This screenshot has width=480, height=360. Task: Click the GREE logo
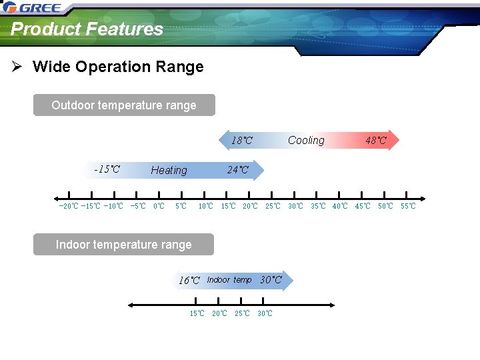(x=33, y=8)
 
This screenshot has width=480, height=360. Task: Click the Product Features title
(x=87, y=29)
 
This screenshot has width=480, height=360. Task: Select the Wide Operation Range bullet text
(x=118, y=67)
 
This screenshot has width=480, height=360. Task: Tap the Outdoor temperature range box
(x=124, y=105)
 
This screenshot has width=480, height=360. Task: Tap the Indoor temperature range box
(x=124, y=245)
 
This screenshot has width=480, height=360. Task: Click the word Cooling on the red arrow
(x=306, y=140)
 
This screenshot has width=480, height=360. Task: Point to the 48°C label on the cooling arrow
(x=375, y=141)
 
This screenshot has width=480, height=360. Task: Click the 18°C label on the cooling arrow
(x=241, y=141)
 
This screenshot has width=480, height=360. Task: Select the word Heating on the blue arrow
(x=169, y=170)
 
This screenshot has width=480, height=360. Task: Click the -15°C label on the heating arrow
(x=107, y=169)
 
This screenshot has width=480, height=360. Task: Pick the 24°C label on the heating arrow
(x=237, y=170)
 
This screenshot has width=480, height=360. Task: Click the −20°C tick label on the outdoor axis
(x=69, y=206)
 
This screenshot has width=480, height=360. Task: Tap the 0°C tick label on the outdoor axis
(x=159, y=206)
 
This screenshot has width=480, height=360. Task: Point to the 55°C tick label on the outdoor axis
(x=407, y=206)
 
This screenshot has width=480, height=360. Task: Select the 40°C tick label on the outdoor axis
(x=340, y=206)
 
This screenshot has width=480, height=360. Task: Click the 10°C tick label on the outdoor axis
(x=206, y=206)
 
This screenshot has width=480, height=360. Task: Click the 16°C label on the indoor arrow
(x=189, y=281)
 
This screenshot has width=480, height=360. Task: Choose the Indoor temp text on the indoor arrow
(x=229, y=280)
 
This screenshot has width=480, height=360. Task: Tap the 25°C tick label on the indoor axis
(x=242, y=313)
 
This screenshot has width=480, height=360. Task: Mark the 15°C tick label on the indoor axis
(x=197, y=313)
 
